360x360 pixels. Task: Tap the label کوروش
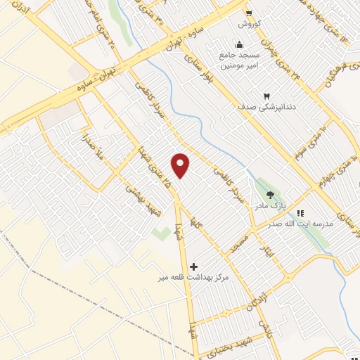pos(249,23)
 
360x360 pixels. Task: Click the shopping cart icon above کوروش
pos(248,12)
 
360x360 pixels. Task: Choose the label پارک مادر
pos(271,206)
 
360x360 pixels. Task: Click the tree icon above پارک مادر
pos(271,195)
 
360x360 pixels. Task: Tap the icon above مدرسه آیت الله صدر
pos(300,213)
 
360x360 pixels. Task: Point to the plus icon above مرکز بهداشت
pos(194,266)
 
